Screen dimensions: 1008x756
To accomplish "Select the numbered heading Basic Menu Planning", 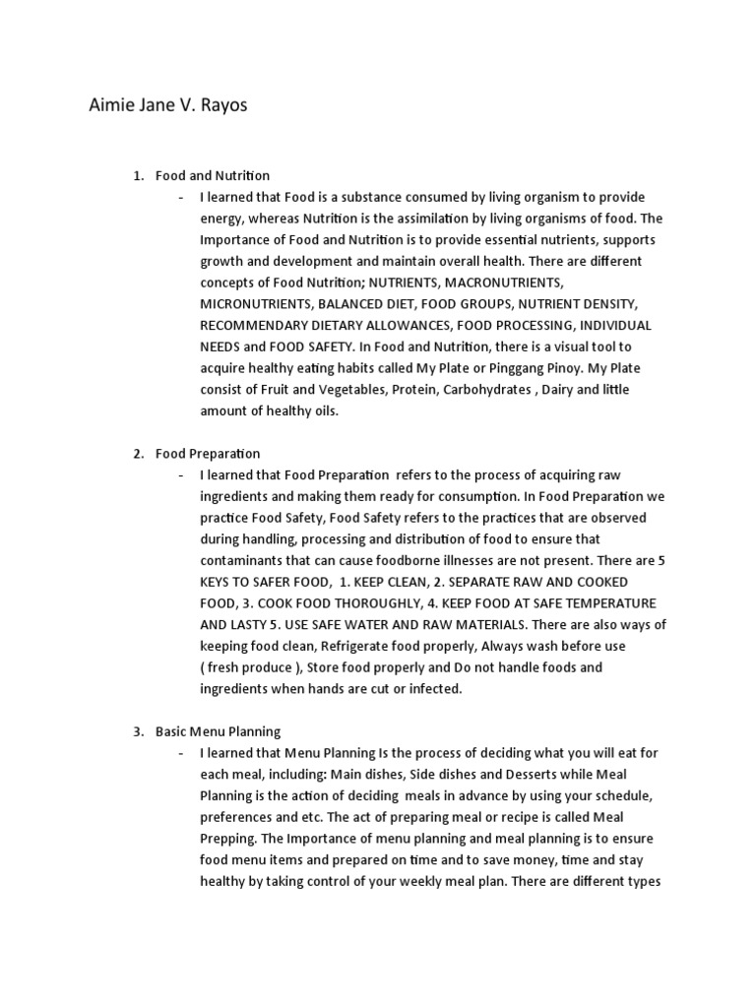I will coord(218,731).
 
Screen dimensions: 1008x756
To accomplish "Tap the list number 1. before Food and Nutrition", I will coord(139,175).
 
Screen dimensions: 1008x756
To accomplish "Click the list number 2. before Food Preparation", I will coord(139,454).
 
